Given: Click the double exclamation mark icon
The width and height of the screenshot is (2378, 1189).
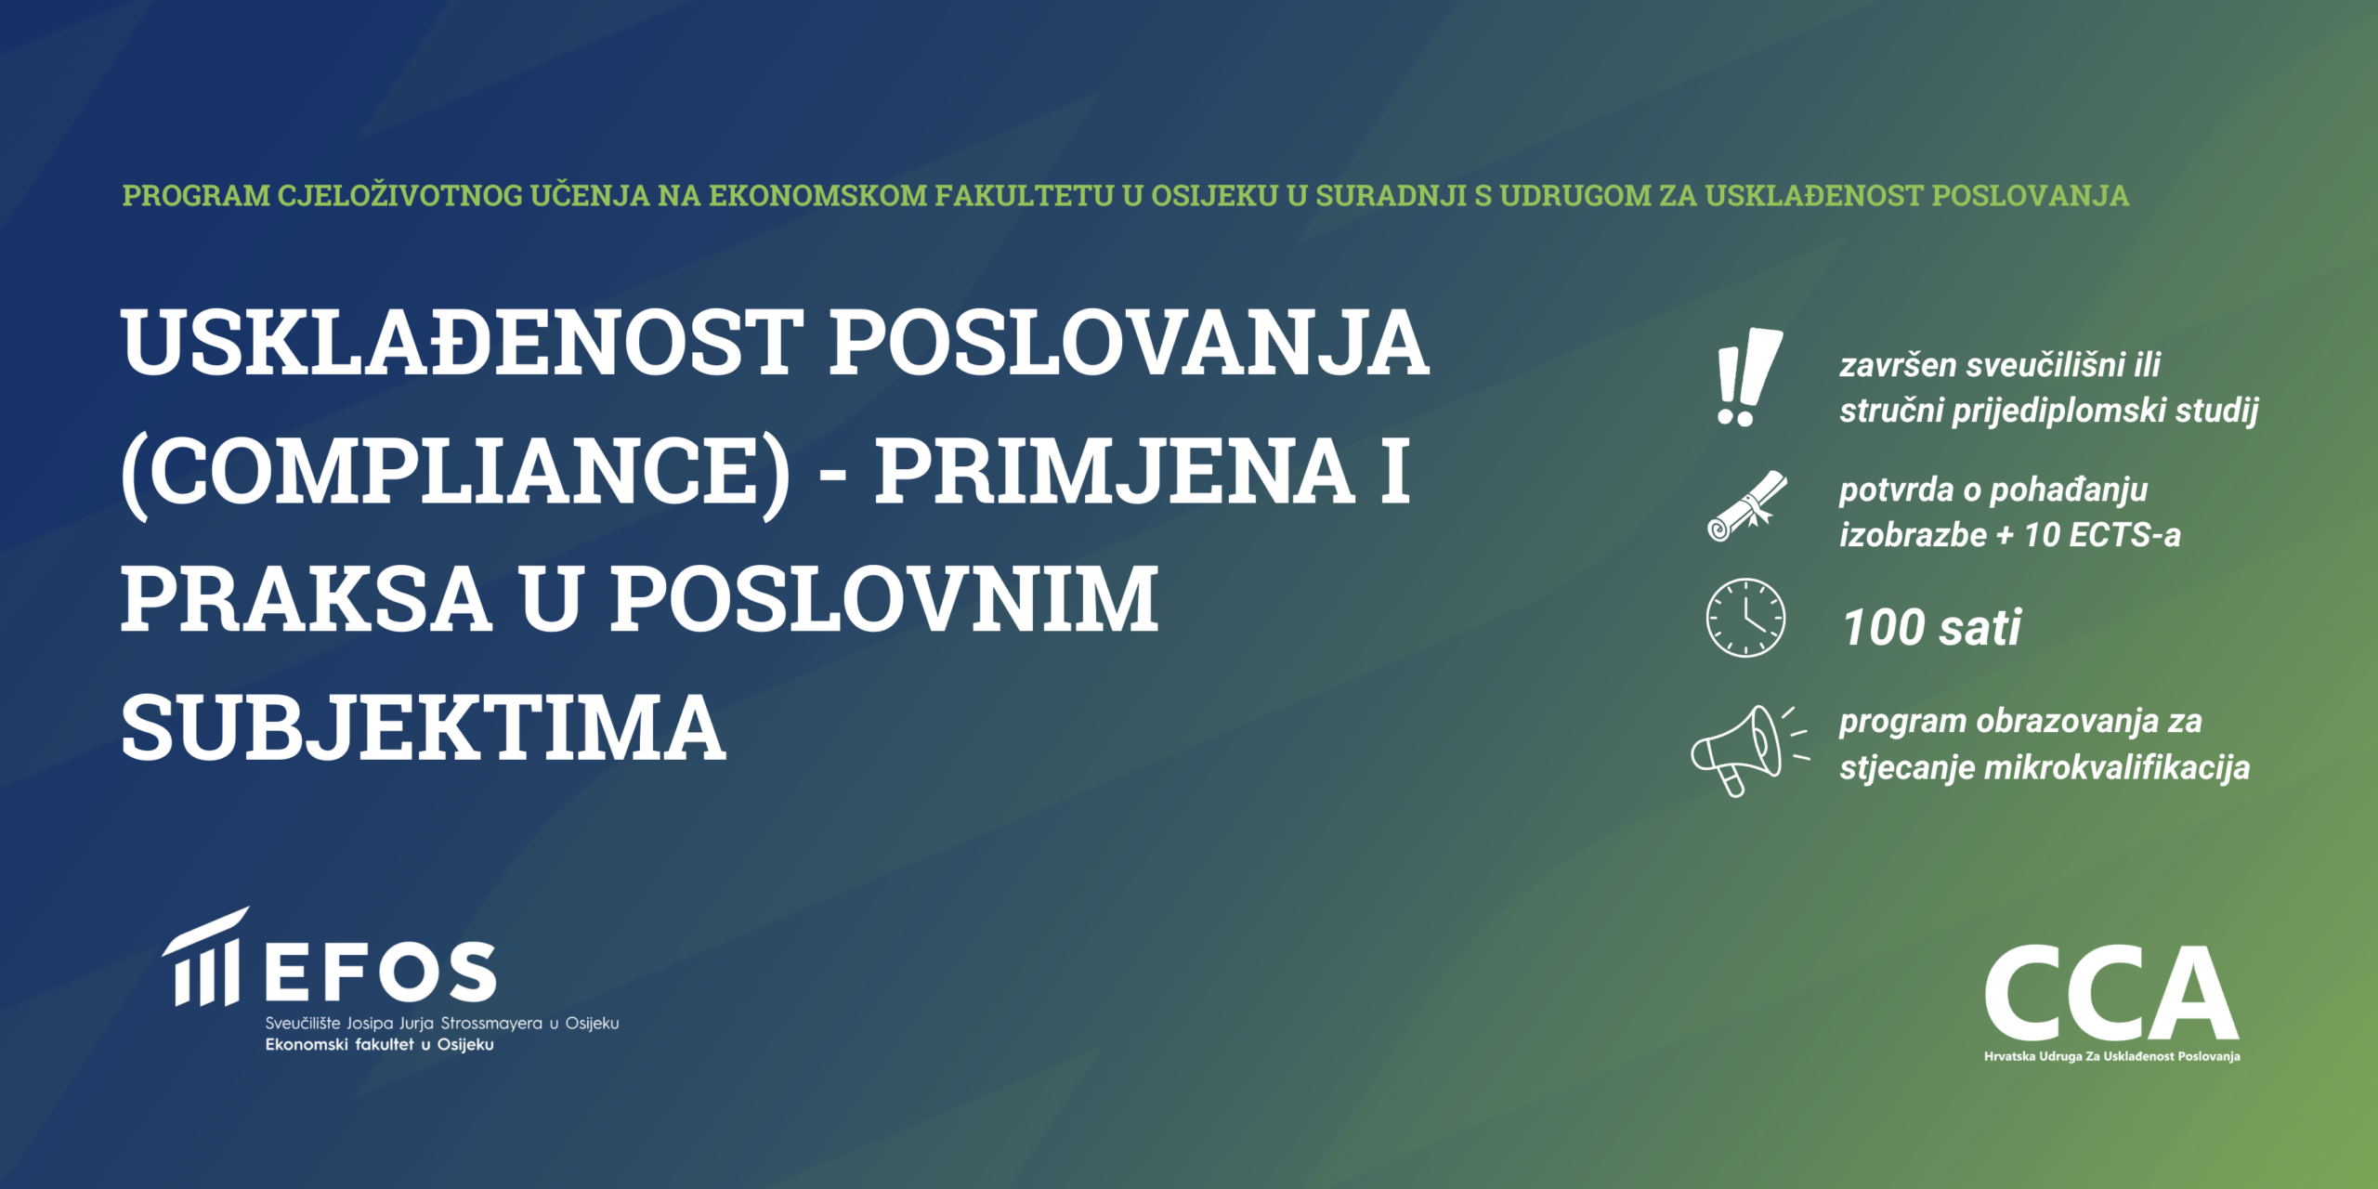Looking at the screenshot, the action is coord(1748,376).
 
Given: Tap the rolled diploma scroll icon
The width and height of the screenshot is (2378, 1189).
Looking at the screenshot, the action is coord(1746,506).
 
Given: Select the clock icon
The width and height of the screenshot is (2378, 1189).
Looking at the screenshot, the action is coord(1745,618).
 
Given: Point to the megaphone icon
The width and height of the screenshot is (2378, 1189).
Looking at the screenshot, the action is coord(1748,751).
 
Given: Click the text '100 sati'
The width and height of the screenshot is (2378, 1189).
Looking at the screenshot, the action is coord(1931,627).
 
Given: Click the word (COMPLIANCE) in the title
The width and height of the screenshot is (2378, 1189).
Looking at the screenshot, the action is coord(456,472).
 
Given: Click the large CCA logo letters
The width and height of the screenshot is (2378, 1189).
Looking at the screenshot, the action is coord(2111,993).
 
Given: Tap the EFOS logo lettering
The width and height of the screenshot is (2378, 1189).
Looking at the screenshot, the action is coord(381,973).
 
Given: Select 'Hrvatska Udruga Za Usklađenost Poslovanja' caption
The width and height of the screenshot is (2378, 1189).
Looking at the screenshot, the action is coord(2111,1056).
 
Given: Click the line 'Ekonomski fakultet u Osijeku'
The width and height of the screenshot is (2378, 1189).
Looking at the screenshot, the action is coord(379,1045).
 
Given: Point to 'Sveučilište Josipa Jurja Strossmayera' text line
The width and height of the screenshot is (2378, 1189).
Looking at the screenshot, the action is coord(404,1024).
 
